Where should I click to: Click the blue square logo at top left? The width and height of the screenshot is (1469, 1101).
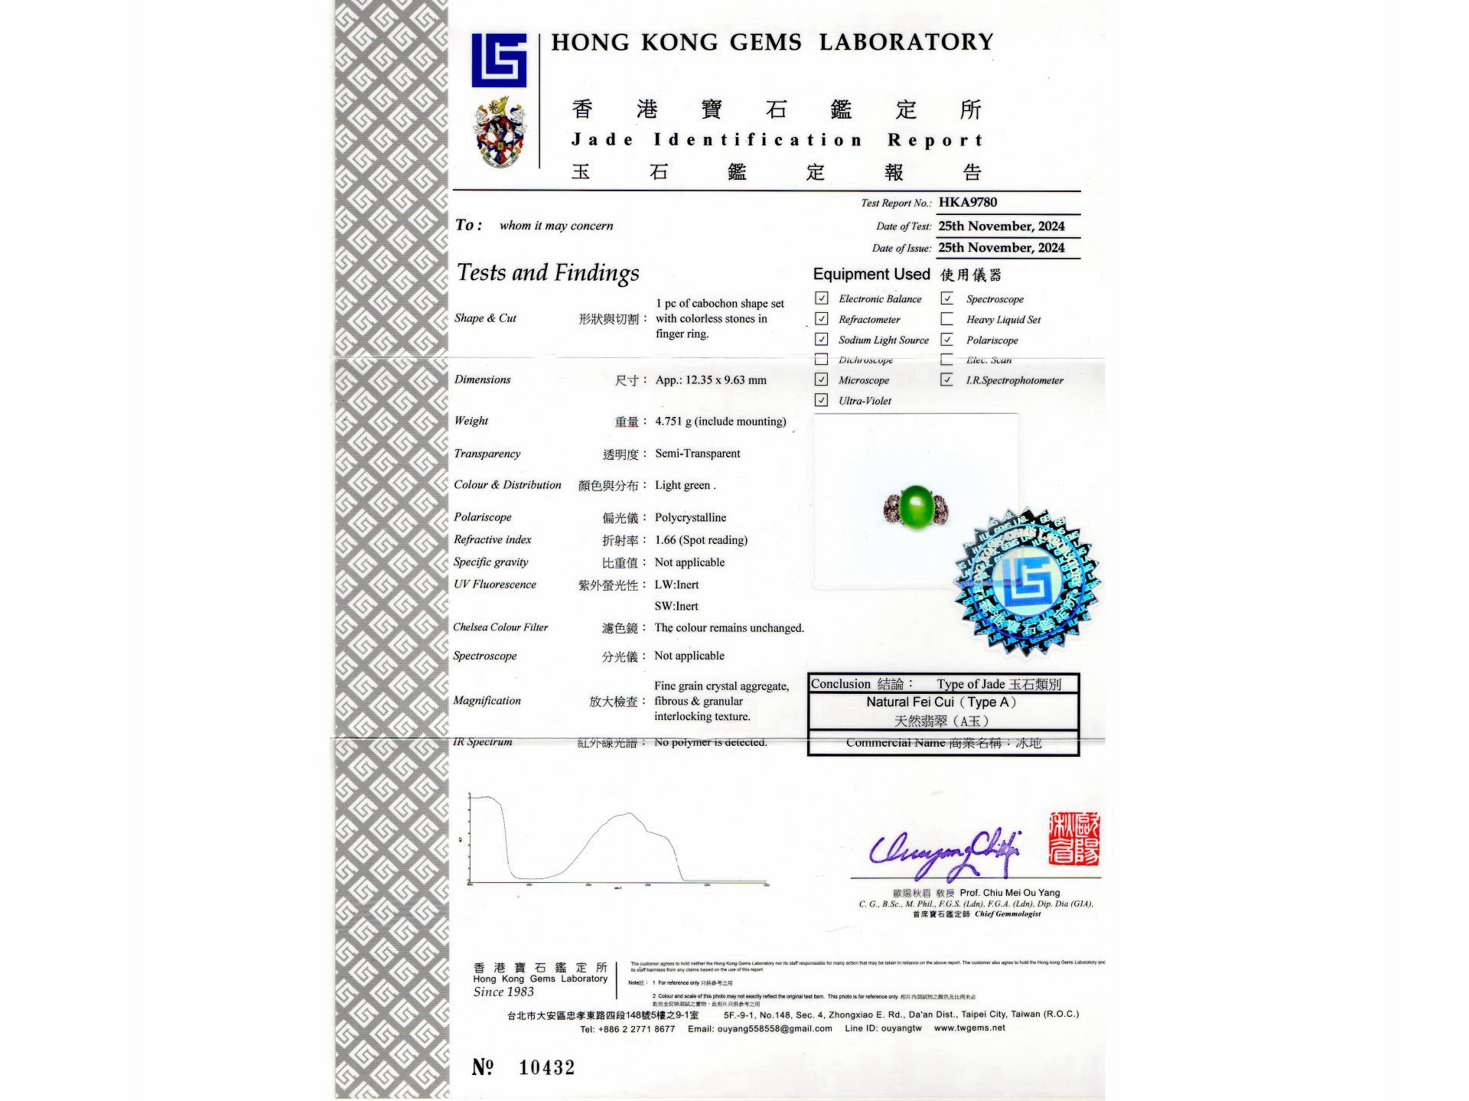[x=499, y=60]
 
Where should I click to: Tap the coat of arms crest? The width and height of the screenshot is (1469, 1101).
[x=500, y=132]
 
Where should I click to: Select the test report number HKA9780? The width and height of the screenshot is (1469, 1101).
[x=968, y=202]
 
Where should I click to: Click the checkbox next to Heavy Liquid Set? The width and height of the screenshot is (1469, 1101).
[x=947, y=319]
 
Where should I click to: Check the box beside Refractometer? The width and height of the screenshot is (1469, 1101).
[x=822, y=319]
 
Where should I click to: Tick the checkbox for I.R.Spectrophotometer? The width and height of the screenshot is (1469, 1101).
[x=947, y=379]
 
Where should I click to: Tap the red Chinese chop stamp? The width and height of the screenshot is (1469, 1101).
[x=1074, y=839]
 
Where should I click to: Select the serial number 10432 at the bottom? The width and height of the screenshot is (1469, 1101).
[x=546, y=1067]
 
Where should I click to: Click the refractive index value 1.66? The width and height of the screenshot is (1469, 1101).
[x=666, y=540]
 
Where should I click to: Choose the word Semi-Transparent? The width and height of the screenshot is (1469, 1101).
[x=697, y=454]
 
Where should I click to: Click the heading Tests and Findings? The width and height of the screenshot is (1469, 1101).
[x=548, y=273]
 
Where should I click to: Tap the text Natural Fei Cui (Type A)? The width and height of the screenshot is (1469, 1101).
[x=941, y=702]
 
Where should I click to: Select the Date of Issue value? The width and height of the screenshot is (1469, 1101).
[x=1001, y=248]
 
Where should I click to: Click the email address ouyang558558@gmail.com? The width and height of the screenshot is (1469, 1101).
[x=774, y=1029]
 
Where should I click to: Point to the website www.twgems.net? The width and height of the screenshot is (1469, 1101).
[x=969, y=1028]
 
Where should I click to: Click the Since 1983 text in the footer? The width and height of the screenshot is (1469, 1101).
[x=503, y=992]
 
